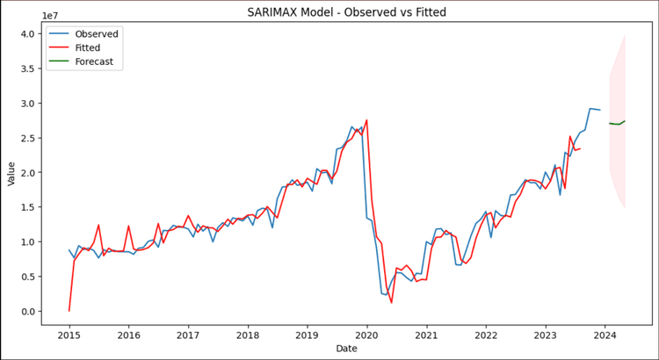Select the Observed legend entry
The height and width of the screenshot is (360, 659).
[98, 33]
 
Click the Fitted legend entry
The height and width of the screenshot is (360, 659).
[91, 47]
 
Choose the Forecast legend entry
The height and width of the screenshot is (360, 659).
[98, 61]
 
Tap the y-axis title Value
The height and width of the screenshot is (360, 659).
[12, 172]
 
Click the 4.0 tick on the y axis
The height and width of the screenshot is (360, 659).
[28, 33]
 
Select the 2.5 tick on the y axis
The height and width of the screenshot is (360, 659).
[28, 138]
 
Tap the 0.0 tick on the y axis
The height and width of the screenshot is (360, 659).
[28, 311]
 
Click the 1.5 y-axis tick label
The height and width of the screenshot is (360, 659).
[28, 207]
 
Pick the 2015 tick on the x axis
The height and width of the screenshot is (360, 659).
[69, 335]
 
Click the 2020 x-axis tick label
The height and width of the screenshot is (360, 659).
[366, 335]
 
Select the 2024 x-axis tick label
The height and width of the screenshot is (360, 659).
[604, 335]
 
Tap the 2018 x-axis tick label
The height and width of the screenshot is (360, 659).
[248, 335]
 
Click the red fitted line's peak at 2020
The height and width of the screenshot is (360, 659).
[366, 120]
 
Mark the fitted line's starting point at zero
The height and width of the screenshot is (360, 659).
[69, 310]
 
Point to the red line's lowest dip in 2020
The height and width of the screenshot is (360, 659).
[391, 302]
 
